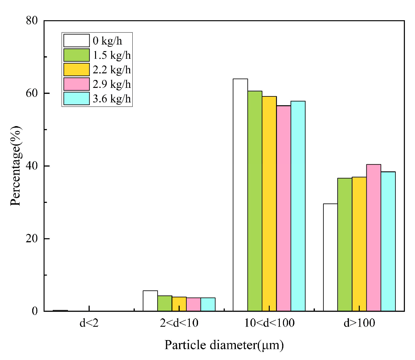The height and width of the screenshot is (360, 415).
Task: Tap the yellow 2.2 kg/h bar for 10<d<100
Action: [269, 204]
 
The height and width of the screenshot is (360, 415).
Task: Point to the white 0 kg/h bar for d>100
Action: [330, 257]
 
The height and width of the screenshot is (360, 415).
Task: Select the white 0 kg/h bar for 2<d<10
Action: [150, 301]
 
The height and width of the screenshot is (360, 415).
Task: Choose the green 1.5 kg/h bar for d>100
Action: [345, 245]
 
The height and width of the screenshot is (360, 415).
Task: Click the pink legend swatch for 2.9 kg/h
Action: [76, 84]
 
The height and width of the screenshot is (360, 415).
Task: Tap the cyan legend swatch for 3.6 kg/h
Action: [76, 99]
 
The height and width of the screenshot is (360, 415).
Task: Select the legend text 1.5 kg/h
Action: [111, 55]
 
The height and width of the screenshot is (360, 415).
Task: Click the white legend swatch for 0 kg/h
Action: [76, 40]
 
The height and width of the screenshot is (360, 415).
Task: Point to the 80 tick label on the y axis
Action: [32, 21]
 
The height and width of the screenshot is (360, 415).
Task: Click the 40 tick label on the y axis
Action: [32, 166]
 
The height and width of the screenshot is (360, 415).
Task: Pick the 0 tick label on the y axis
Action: [35, 311]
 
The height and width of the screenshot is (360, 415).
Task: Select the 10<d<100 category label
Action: [269, 323]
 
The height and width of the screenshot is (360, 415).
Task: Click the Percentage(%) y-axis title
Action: [16, 166]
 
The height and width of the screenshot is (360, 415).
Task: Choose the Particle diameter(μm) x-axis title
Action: [224, 345]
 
